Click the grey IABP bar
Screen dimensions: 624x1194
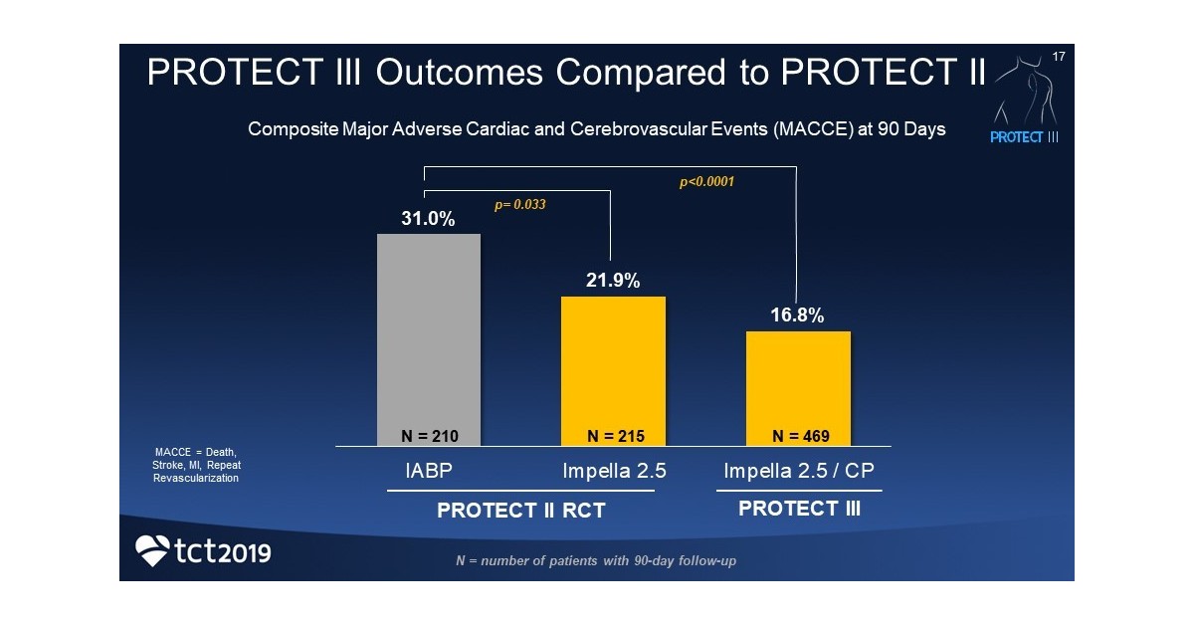[x=428, y=333]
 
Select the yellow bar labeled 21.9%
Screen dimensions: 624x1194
[x=613, y=363]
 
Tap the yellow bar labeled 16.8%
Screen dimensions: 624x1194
[x=798, y=383]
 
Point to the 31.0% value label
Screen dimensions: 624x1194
[x=428, y=219]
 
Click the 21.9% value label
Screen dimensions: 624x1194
[x=613, y=281]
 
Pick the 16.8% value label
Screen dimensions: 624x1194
[x=798, y=315]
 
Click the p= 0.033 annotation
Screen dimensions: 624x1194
[x=520, y=204]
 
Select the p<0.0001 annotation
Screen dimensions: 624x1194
[x=706, y=182]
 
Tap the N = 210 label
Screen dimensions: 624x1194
[x=429, y=436]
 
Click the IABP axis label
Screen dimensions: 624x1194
[x=429, y=472]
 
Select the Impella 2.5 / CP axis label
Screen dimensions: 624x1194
[x=799, y=472]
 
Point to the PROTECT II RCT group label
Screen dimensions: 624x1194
[x=521, y=512]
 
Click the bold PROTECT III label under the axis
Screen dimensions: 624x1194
[x=799, y=509]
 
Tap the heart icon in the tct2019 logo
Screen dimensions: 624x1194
[x=152, y=550]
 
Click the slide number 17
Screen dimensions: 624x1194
[x=1058, y=57]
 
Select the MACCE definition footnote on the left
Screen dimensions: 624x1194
[x=196, y=465]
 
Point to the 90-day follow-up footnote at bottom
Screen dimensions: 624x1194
[x=595, y=561]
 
